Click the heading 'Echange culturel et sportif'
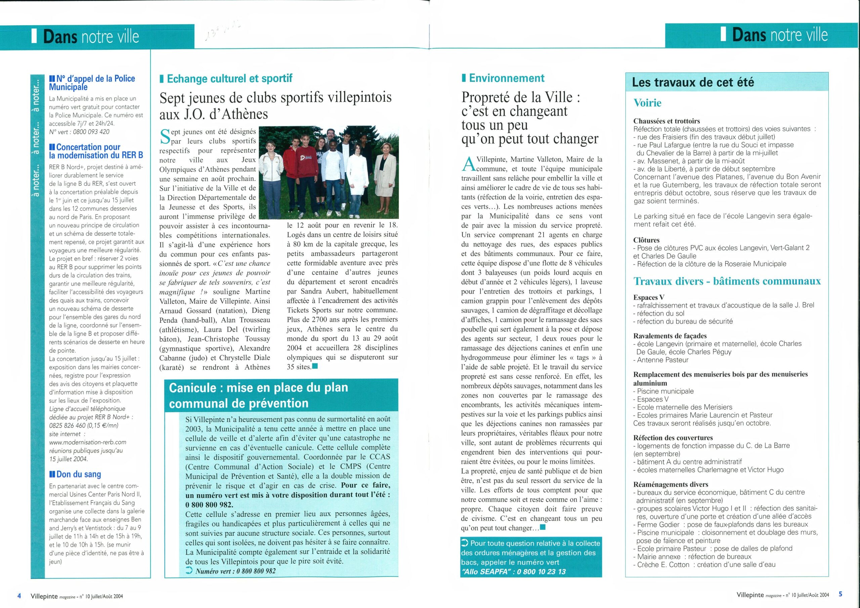click(x=229, y=79)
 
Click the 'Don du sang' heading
click(x=79, y=474)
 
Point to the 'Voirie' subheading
click(x=647, y=103)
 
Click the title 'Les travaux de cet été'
click(x=693, y=82)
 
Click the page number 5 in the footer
click(x=841, y=594)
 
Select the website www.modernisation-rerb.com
click(x=88, y=442)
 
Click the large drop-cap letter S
click(x=165, y=136)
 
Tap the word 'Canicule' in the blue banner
click(x=193, y=388)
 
